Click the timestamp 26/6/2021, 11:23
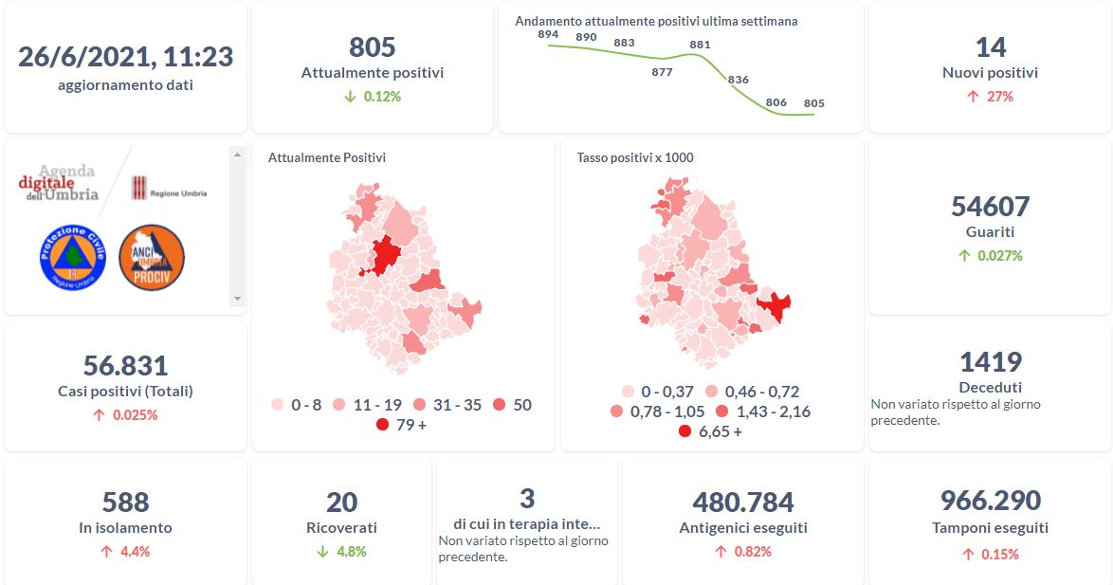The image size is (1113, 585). point(125,56)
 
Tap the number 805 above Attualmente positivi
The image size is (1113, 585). point(372,46)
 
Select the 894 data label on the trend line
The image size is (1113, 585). point(548,34)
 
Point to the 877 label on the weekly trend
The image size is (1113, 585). point(662,72)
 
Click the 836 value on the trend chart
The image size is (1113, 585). point(739,80)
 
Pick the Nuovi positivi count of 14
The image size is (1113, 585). point(990,46)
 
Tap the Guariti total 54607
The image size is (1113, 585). point(990,206)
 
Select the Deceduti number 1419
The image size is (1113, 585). point(990,361)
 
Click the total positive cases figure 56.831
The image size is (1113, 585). point(125,365)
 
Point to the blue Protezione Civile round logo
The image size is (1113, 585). point(71,257)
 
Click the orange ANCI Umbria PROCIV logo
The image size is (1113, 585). point(152,257)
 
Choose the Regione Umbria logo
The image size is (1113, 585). point(169,188)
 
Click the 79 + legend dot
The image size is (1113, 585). point(382,425)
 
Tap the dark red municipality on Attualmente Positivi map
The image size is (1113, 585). point(385,255)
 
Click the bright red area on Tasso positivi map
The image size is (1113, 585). point(775,307)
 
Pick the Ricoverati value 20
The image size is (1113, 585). point(341,502)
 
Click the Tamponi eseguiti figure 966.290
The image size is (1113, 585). point(990,500)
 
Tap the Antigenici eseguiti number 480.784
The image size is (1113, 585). point(743,502)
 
